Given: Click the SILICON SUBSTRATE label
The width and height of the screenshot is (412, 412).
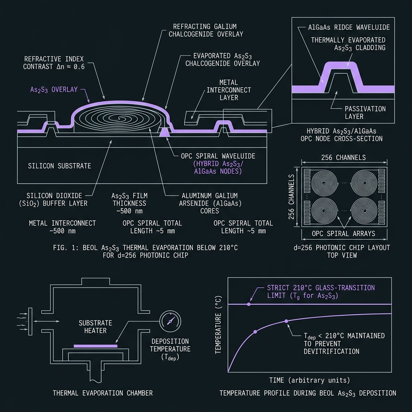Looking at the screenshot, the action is click(x=60, y=166).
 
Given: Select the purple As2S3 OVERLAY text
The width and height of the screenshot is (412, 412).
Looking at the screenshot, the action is click(x=54, y=90).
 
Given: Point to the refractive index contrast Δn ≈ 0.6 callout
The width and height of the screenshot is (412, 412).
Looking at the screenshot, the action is click(x=54, y=63).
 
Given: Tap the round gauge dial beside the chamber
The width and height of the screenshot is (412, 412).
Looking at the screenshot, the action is click(x=170, y=321).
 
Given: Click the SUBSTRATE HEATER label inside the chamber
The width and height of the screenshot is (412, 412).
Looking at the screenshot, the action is click(x=95, y=327).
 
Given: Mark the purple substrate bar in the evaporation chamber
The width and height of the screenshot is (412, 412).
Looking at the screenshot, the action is click(x=95, y=346).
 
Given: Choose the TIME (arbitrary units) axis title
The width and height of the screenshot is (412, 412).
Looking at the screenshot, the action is click(x=309, y=380).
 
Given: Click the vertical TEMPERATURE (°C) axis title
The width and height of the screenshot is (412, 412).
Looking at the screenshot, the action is click(x=218, y=325).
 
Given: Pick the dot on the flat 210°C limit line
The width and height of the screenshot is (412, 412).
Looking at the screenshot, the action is click(x=249, y=304).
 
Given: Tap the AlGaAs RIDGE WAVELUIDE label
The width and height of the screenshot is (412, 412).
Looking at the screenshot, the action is click(x=349, y=27).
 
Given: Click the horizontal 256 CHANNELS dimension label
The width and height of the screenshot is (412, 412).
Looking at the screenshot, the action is click(x=344, y=157).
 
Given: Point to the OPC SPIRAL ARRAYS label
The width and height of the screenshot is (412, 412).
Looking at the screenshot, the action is click(x=344, y=234).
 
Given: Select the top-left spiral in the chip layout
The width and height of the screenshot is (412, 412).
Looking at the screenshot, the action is click(x=324, y=183).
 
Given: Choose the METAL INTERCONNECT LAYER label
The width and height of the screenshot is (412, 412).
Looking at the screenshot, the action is click(x=229, y=90).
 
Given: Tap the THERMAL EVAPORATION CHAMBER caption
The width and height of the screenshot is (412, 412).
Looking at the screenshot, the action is click(x=103, y=393).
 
